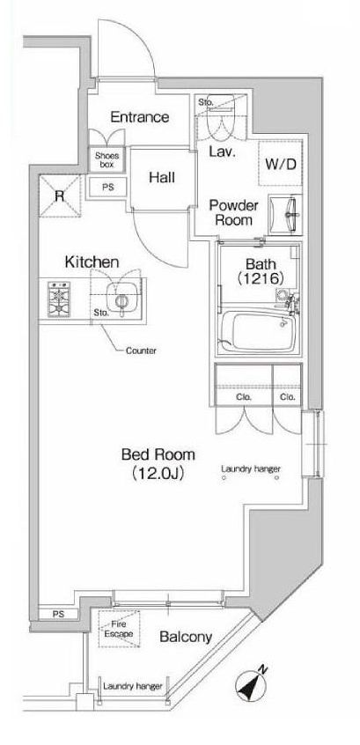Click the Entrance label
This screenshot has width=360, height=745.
[x=140, y=117]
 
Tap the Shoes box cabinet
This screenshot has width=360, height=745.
[x=107, y=159]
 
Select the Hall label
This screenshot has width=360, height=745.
[x=161, y=178]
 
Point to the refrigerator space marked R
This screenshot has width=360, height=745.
[x=59, y=196]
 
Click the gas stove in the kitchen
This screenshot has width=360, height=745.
[x=59, y=299]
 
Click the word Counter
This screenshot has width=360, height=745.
[x=141, y=351]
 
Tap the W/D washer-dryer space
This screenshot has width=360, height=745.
[x=280, y=164]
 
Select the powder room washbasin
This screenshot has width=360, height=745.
[x=285, y=215]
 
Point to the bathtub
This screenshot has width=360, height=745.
[x=258, y=330]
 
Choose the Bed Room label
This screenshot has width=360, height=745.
[x=158, y=454]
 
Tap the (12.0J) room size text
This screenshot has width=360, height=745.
[x=158, y=473]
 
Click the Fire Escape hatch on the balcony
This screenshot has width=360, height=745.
[x=119, y=629]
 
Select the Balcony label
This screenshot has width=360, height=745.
[x=186, y=638]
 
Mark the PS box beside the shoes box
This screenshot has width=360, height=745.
[x=108, y=188]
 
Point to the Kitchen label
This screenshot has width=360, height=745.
[x=92, y=262]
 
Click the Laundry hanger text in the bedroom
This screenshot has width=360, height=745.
[x=251, y=469]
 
